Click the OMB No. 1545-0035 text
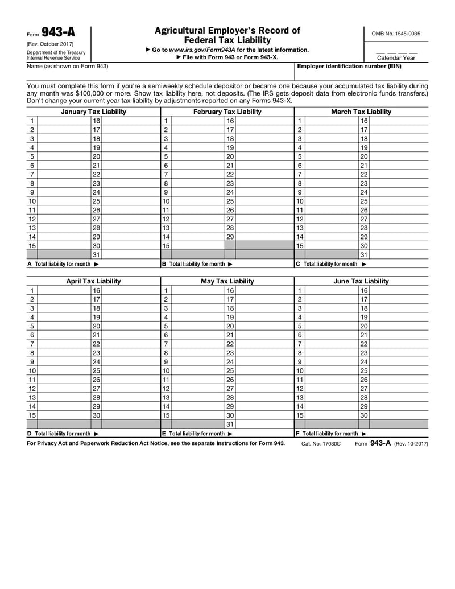pyautogui.click(x=396, y=34)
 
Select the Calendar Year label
pyautogui.click(x=396, y=58)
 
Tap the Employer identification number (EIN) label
pyautogui.click(x=349, y=67)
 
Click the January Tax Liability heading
pyautogui.click(x=93, y=112)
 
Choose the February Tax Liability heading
pyautogui.click(x=227, y=112)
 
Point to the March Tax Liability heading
pyautogui.click(x=361, y=112)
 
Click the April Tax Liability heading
pyautogui.click(x=93, y=281)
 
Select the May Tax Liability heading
pyautogui.click(x=227, y=281)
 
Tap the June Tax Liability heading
pyautogui.click(x=361, y=281)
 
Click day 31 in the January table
pyautogui.click(x=96, y=254)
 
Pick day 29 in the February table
pyautogui.click(x=230, y=236)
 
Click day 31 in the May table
pyautogui.click(x=230, y=424)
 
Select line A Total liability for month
pyautogui.click(x=63, y=264)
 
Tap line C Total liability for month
pyautogui.click(x=331, y=264)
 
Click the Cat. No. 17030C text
pyautogui.click(x=320, y=443)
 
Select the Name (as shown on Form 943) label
pyautogui.click(x=67, y=67)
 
